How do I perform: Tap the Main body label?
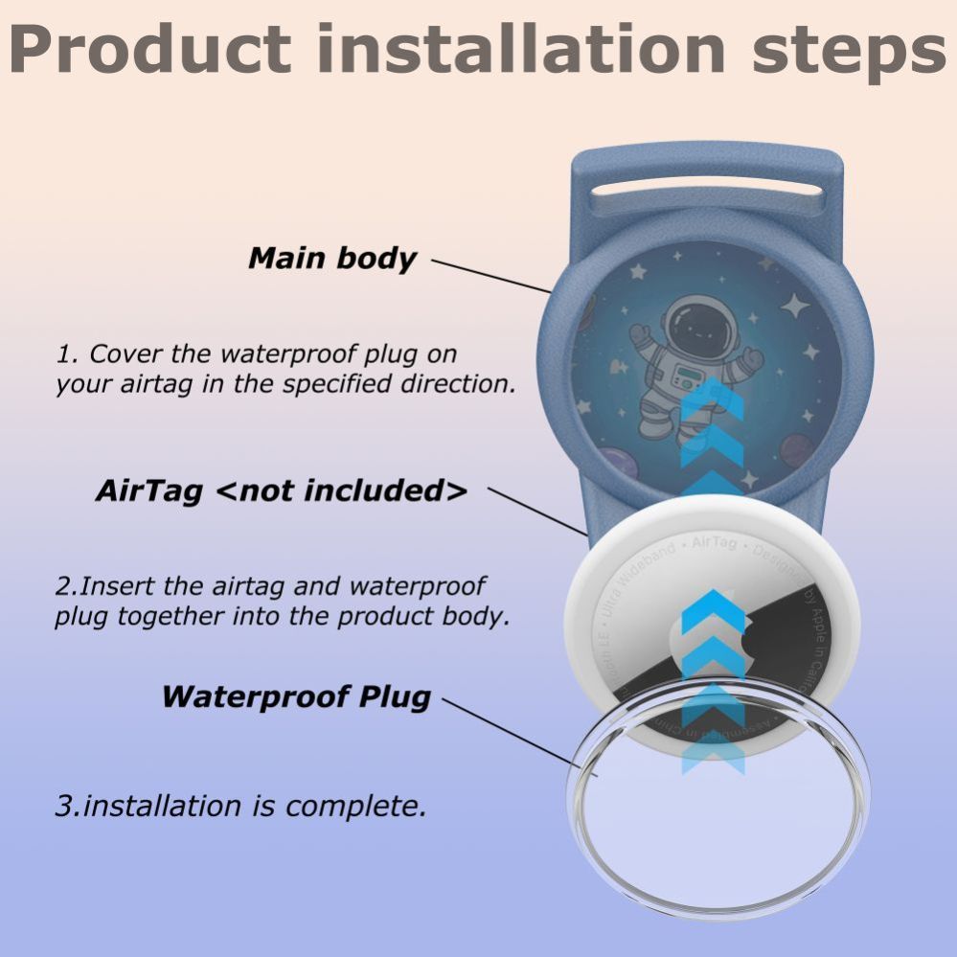332,259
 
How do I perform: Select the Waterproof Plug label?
296,696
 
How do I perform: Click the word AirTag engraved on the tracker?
715,543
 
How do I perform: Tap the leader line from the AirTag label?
536,510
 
